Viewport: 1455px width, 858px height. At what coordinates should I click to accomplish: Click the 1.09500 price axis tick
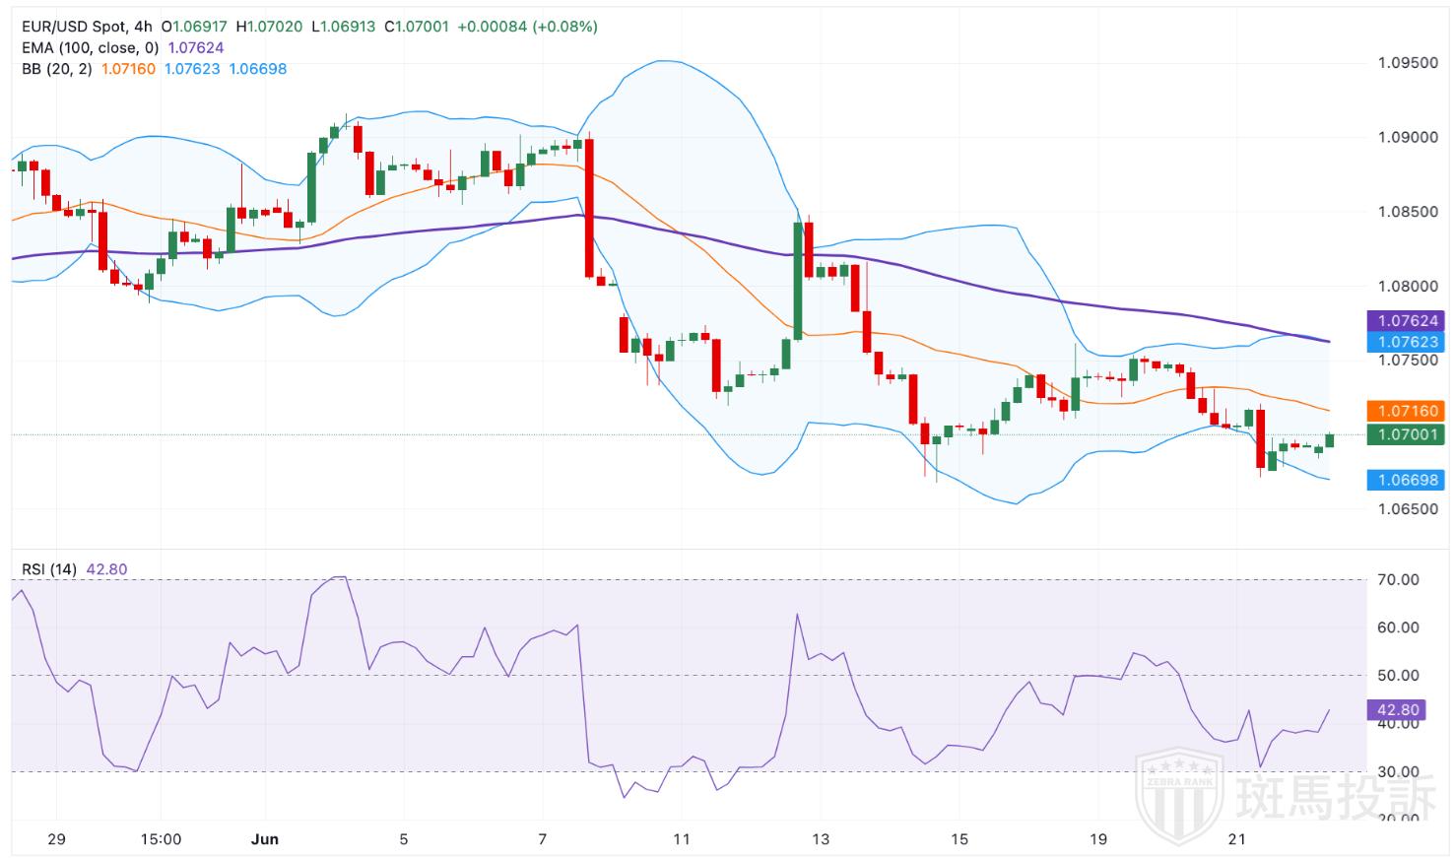click(x=1407, y=63)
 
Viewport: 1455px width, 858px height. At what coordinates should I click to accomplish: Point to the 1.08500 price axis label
click(x=1407, y=212)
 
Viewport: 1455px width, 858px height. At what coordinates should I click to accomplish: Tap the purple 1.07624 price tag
click(x=1408, y=321)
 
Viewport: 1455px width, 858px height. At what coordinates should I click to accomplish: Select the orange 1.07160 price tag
click(x=1408, y=411)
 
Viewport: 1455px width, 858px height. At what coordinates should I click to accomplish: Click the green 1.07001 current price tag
click(x=1408, y=434)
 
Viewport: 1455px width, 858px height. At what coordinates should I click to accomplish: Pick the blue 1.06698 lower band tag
click(x=1408, y=481)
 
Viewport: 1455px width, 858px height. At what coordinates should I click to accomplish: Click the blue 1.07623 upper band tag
click(x=1408, y=343)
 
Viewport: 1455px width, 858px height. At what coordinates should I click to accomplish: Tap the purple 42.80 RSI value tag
click(x=1398, y=710)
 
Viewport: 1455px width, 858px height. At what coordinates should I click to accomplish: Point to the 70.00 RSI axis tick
click(x=1398, y=580)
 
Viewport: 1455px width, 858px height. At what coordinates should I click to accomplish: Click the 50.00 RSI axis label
click(x=1398, y=676)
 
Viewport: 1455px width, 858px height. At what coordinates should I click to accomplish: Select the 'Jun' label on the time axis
click(x=265, y=840)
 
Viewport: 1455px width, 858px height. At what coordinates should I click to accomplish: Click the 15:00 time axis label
click(x=161, y=840)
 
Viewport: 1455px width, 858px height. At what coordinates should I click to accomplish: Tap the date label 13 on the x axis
click(x=821, y=840)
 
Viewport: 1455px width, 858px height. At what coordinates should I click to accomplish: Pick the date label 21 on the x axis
click(x=1237, y=840)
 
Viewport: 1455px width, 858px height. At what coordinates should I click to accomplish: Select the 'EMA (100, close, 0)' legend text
click(x=90, y=47)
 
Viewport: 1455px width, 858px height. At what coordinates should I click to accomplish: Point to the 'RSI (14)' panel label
click(x=49, y=569)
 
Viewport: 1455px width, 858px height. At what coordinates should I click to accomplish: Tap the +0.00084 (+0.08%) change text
click(x=527, y=27)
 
